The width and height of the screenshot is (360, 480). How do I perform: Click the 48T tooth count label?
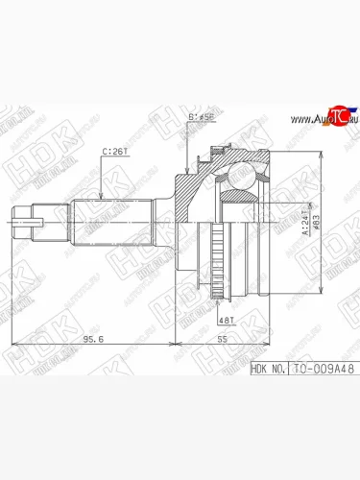(227, 319)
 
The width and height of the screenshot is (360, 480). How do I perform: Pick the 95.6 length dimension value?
(92, 339)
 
